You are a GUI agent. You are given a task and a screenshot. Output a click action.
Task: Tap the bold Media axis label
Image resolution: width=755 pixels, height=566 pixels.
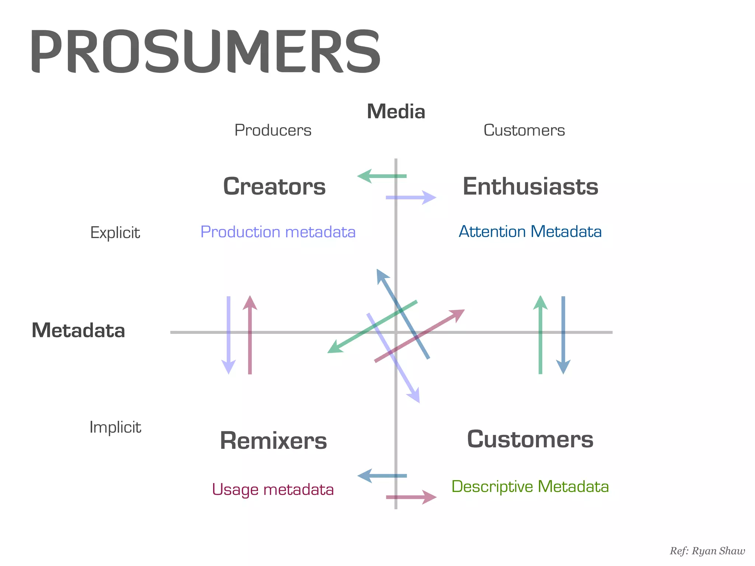point(396,112)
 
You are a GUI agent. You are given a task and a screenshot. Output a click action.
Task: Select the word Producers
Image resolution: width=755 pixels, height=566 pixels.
point(273,130)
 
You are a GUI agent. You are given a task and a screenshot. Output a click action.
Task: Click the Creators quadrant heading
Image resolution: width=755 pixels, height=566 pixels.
point(274,186)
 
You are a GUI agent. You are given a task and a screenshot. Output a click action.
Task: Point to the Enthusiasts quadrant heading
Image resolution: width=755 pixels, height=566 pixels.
point(530,186)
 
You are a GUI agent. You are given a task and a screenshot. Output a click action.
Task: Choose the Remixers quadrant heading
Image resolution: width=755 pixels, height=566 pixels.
point(273,441)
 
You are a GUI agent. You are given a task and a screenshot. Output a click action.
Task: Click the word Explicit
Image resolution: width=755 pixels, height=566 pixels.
point(115,233)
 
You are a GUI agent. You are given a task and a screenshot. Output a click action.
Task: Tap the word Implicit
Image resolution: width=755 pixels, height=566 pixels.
point(115,427)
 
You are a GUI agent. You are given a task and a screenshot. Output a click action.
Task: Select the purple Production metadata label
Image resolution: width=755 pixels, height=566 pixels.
point(278,232)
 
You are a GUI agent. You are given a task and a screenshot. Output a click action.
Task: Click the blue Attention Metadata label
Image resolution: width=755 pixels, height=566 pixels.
point(530,232)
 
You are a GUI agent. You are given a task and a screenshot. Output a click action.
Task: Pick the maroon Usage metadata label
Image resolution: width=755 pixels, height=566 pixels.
point(273,490)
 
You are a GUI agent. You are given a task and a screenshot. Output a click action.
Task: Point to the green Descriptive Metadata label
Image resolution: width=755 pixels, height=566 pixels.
point(530,487)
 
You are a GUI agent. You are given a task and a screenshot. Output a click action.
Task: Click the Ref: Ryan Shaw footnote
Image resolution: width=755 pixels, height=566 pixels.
point(707,551)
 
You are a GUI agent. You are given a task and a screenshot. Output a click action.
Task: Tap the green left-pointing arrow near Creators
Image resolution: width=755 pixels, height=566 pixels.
point(381,176)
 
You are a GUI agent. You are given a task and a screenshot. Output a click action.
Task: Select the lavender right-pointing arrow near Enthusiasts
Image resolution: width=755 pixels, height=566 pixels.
point(411,198)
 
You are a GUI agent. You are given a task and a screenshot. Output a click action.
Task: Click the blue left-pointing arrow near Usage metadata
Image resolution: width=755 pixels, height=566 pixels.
point(382,476)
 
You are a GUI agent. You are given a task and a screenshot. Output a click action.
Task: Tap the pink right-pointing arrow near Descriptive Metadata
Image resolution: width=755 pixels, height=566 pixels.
point(411,497)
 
